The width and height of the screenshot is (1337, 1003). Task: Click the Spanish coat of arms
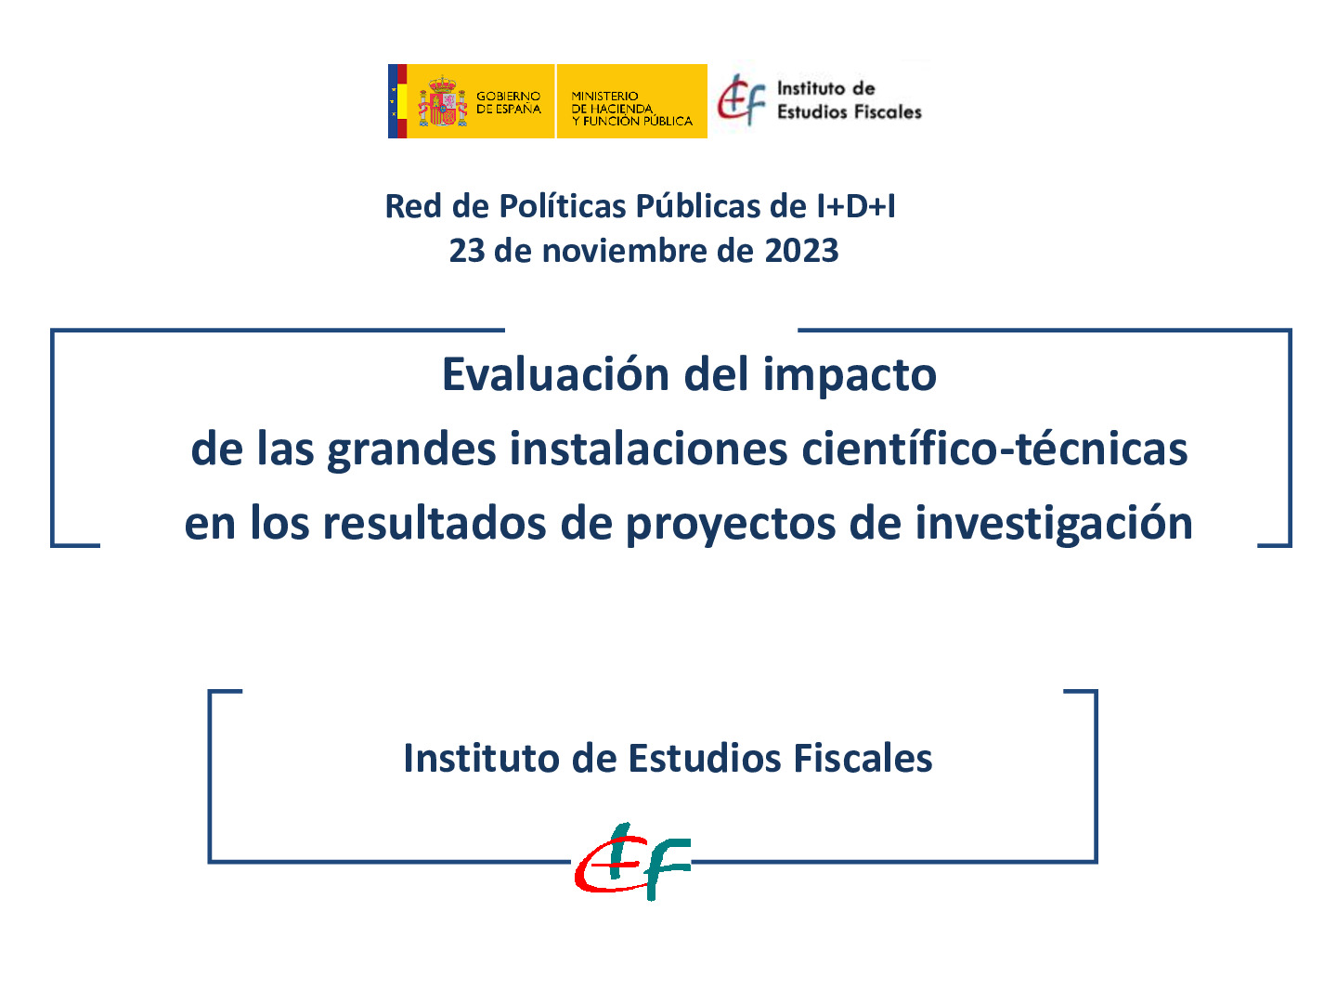442,102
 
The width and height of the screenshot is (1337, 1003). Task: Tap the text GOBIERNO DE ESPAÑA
508,102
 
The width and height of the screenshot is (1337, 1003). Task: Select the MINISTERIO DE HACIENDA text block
631,109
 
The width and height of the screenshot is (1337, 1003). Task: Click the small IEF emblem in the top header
742,99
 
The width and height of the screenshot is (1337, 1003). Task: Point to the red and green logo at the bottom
632,861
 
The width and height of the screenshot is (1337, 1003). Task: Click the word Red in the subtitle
414,206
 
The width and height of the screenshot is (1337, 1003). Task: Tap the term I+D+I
855,206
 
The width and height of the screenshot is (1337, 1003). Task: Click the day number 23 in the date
467,251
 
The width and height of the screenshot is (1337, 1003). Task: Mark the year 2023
801,251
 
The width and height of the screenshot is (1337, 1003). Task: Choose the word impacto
850,375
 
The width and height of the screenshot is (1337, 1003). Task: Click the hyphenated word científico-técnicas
994,449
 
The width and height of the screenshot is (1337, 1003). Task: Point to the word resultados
435,524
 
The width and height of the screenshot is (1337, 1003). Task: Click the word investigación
1054,524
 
